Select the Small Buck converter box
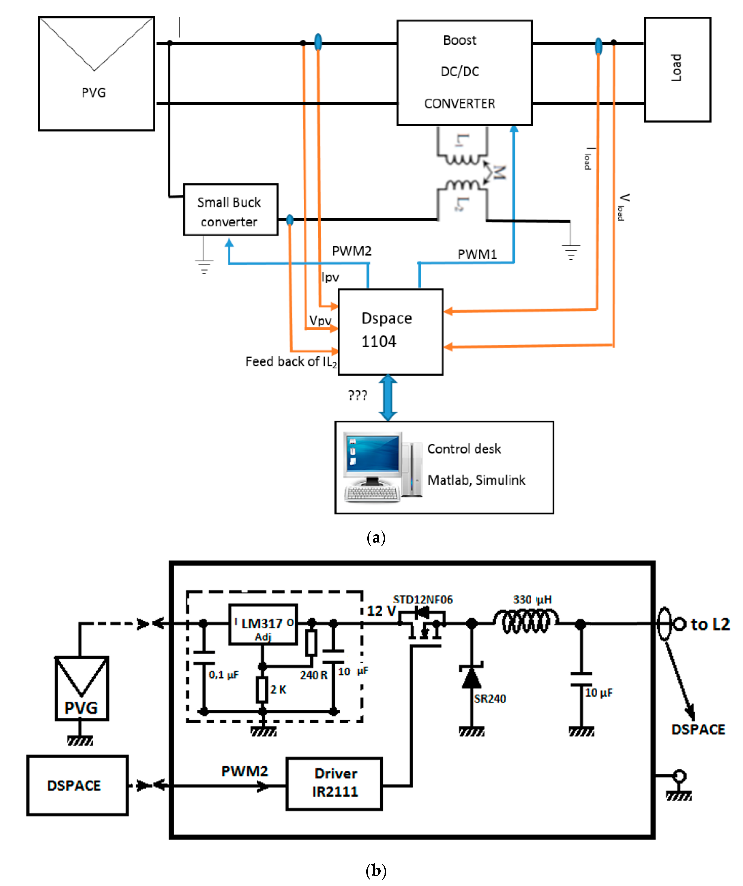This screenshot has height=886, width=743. click(230, 210)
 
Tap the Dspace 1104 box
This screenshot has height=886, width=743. click(390, 332)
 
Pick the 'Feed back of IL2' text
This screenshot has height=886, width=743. click(291, 362)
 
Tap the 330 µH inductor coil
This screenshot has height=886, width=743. click(526, 621)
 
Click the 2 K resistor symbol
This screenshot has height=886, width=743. click(262, 689)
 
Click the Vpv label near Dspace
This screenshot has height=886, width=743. click(320, 321)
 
